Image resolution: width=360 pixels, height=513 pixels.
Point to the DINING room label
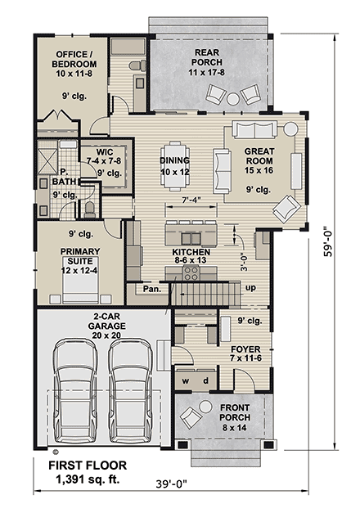coord(174,166)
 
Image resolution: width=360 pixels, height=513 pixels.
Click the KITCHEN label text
coord(190,254)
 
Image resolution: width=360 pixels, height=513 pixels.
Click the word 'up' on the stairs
coord(250,288)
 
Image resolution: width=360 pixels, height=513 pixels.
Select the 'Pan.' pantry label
coord(151,288)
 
